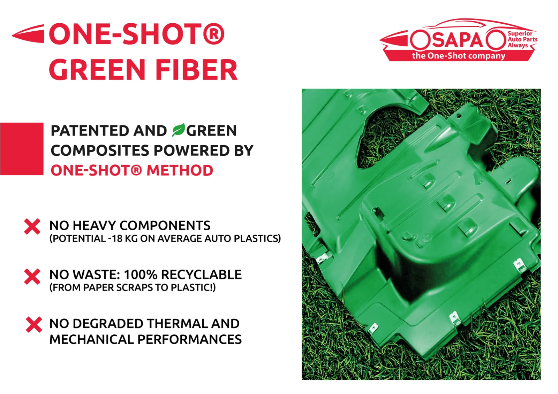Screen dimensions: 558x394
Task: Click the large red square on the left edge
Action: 22,149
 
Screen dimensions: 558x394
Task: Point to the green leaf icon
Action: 178,130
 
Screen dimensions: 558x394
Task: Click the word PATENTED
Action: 90,131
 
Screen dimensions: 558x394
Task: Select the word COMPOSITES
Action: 100,150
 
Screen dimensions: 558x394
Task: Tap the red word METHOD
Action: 180,170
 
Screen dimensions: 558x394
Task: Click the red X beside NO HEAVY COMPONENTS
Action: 32,226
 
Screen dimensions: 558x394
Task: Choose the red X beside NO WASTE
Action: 32,276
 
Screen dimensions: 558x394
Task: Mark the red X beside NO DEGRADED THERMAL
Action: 34,325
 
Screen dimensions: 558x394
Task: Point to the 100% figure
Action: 141,275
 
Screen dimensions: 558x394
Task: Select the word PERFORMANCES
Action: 189,339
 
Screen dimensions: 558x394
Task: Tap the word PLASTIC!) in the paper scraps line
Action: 193,287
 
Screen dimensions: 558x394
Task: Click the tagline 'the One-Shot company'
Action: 459,56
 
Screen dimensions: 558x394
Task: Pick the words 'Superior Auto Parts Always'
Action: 522,39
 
